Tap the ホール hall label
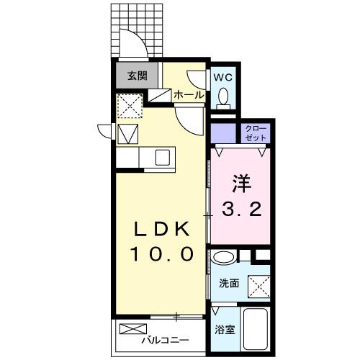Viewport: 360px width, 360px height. pos(188,94)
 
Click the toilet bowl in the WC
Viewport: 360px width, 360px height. pos(224,96)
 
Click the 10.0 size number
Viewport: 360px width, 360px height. pos(163,254)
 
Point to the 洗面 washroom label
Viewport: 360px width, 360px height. pos(230,283)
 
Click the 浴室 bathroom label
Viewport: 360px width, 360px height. pos(225,330)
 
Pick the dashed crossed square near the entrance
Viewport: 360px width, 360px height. pos(130,107)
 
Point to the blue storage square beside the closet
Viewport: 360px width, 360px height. pos(224,132)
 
